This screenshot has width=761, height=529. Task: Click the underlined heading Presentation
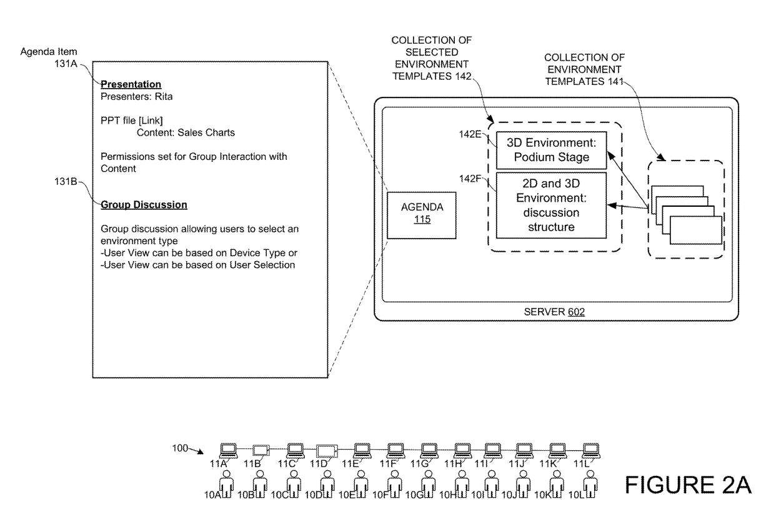click(131, 84)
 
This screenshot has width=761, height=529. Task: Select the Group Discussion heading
click(144, 205)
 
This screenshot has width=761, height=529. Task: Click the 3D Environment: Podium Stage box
click(551, 151)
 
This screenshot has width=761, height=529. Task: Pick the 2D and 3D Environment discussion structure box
click(551, 205)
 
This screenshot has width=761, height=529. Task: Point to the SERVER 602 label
click(554, 311)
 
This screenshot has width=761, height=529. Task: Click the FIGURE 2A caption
click(687, 486)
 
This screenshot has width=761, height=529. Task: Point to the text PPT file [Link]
click(131, 121)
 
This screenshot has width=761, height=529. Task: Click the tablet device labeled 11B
click(260, 450)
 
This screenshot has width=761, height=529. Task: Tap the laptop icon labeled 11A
click(228, 450)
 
